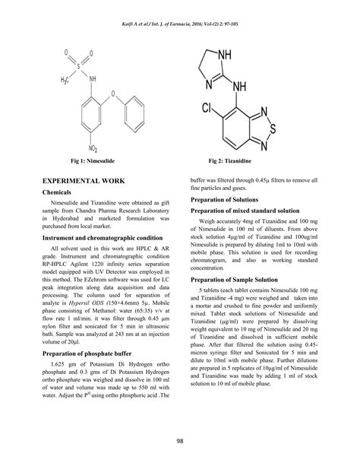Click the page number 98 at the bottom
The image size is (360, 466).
179,442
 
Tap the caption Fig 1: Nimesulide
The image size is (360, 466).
95,162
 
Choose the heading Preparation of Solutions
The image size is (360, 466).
229,200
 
